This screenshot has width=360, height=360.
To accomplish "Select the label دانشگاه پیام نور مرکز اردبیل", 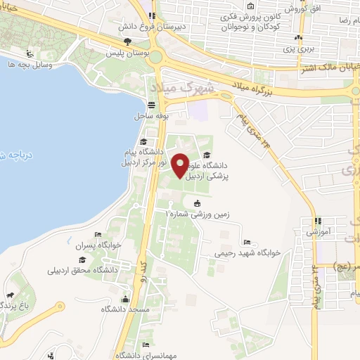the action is coord(143,156).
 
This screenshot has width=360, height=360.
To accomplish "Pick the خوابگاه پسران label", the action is coord(103,245).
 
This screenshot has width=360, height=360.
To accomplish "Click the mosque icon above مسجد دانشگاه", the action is coord(126,297).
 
